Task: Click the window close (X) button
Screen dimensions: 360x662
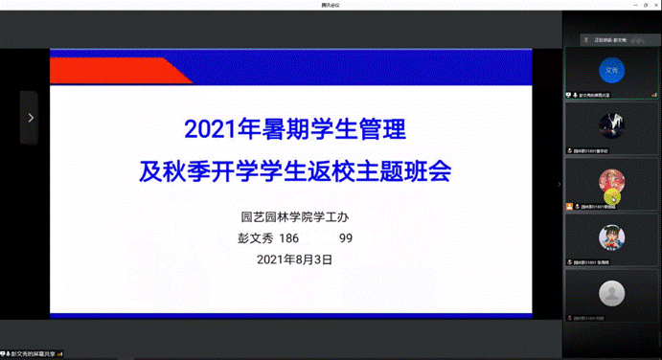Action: pyautogui.click(x=652, y=5)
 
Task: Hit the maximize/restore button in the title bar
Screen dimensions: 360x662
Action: pyautogui.click(x=635, y=5)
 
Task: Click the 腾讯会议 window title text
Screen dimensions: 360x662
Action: pyautogui.click(x=331, y=5)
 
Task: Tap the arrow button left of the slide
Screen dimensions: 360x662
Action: pyautogui.click(x=30, y=118)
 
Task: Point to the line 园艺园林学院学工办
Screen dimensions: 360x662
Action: pyautogui.click(x=290, y=216)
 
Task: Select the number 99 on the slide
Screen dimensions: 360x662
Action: pyautogui.click(x=346, y=237)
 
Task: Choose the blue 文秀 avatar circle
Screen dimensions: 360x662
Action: pyautogui.click(x=611, y=70)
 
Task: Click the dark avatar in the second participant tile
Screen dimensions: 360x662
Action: pyautogui.click(x=611, y=125)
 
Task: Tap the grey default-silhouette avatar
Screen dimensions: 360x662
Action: pyautogui.click(x=611, y=292)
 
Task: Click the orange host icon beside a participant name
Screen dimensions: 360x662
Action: pyautogui.click(x=569, y=206)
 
